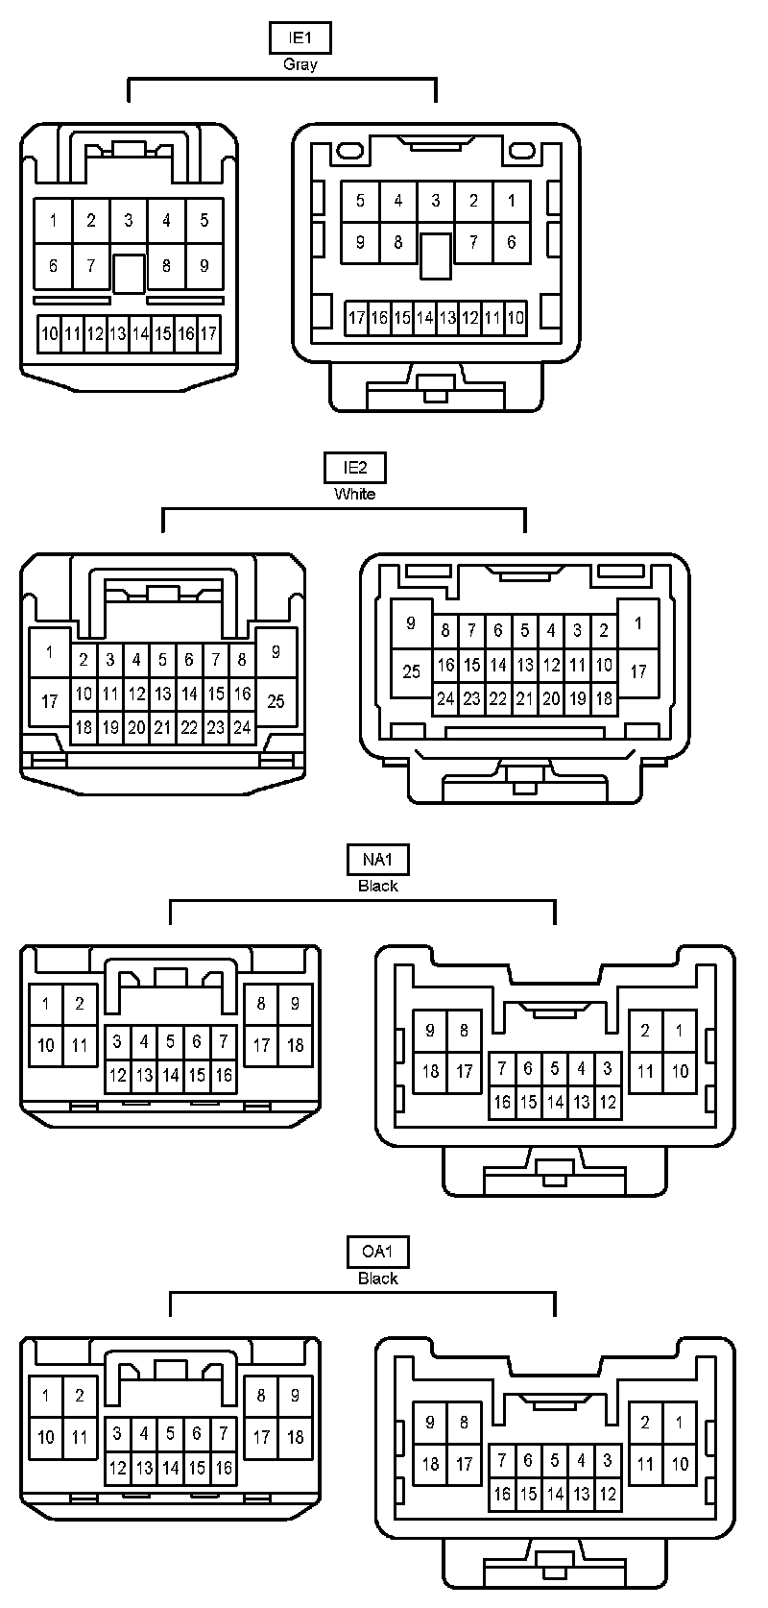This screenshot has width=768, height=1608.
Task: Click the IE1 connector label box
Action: tap(300, 38)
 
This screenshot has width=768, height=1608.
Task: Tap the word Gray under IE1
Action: tap(300, 64)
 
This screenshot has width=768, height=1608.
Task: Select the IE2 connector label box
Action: tap(354, 468)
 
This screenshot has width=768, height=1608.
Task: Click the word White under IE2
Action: tap(354, 494)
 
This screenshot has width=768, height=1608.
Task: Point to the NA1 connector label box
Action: tap(377, 859)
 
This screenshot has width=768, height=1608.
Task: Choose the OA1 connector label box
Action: tap(377, 1252)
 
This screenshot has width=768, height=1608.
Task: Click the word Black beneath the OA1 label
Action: tap(377, 1279)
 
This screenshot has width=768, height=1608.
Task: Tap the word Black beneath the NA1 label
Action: tap(377, 886)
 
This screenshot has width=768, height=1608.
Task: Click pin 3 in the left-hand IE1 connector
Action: tap(129, 220)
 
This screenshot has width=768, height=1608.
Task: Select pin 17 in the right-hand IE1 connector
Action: tap(356, 318)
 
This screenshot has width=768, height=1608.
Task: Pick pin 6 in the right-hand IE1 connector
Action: tap(511, 242)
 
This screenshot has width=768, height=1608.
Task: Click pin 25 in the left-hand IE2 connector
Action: tap(276, 701)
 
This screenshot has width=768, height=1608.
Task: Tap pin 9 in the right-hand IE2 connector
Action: tap(411, 623)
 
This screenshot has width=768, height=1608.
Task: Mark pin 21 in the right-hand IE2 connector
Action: tap(524, 699)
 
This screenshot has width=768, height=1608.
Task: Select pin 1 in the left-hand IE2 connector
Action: tap(49, 652)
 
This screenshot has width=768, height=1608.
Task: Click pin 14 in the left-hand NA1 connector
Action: tap(170, 1076)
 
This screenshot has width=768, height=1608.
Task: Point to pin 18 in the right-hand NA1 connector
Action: tap(430, 1071)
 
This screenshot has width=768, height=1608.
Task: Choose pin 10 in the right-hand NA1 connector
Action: tap(680, 1071)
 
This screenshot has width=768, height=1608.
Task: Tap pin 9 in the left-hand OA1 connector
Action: tap(295, 1396)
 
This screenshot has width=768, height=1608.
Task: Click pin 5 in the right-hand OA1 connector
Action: tap(555, 1460)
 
